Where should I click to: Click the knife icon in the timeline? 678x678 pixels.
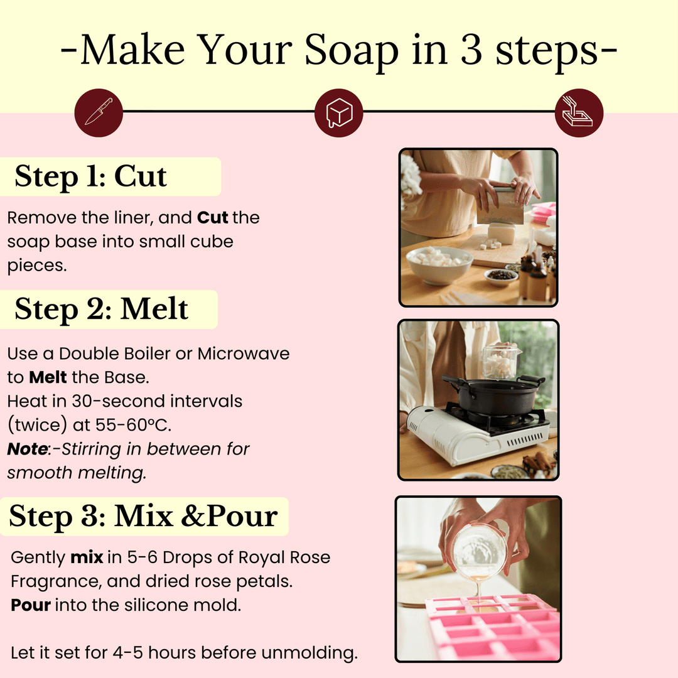99,112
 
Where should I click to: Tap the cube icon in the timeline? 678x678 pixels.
338,112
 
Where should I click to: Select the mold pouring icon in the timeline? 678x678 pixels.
579,112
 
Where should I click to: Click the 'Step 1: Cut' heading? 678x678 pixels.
91,176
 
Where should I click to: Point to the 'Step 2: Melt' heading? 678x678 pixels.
101,309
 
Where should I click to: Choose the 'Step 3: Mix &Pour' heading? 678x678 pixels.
143,516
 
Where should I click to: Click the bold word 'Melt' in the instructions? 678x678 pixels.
48,377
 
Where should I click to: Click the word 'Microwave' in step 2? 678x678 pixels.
244,353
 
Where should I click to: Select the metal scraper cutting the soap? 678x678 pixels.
500,206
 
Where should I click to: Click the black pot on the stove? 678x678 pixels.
490,395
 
